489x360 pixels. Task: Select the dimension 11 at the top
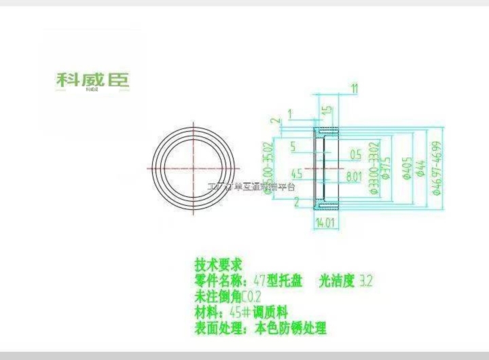(x=355, y=88)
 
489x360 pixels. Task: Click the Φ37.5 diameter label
(x=384, y=168)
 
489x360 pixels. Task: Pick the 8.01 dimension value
(x=353, y=175)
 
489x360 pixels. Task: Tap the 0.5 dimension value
(x=355, y=154)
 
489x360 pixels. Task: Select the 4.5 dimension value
(x=296, y=173)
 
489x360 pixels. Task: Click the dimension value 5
(x=292, y=145)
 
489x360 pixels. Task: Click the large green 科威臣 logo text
(x=92, y=79)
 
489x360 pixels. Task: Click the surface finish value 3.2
(x=366, y=280)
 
